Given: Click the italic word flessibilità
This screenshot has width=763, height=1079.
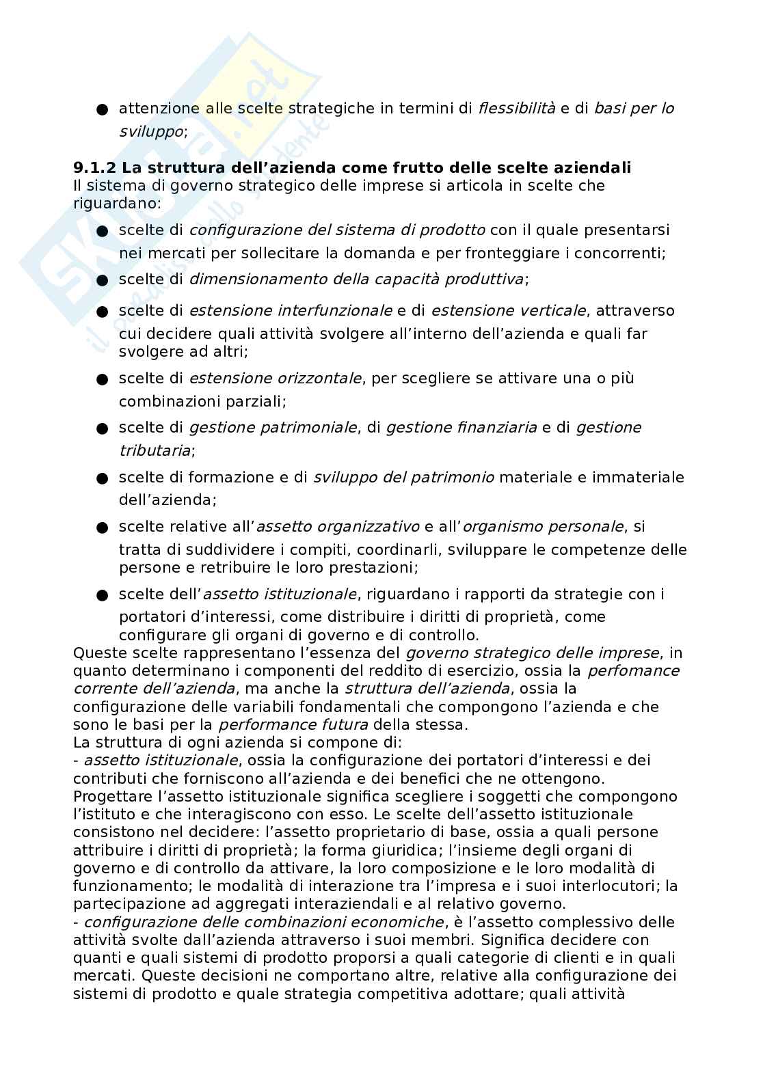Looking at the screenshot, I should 516,109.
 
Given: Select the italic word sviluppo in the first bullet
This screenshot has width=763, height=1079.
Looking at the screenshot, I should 150,131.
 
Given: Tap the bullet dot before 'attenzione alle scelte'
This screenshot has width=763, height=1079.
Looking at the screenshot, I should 103,109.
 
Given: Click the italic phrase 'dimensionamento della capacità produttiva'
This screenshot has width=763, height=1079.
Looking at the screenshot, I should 356,279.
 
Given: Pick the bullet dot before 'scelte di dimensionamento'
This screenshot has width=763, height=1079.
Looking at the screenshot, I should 103,280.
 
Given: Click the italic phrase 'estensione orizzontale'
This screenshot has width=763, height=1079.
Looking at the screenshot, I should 275,379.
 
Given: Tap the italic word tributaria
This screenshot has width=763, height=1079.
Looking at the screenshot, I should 155,450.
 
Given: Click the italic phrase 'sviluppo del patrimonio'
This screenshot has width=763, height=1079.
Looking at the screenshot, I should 403,478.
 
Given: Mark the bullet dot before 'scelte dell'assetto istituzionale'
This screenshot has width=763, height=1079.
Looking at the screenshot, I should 103,595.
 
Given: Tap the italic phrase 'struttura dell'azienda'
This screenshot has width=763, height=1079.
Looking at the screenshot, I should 427,689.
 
